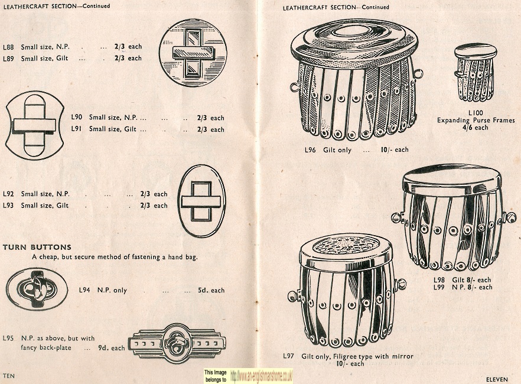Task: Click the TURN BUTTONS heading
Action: coord(37,247)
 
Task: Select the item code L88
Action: coord(8,47)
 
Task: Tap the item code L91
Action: coord(76,129)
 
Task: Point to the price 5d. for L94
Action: coord(203,290)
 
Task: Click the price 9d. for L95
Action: coord(103,348)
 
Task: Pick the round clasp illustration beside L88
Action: coord(193,53)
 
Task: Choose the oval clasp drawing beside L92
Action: coord(201,201)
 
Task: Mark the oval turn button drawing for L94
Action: coord(37,289)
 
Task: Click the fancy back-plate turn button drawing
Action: coord(177,343)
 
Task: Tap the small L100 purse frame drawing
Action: coord(475,73)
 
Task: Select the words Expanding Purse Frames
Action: coord(476,121)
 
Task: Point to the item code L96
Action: coord(310,150)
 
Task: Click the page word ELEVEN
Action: coord(497,379)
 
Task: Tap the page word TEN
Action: coord(9,376)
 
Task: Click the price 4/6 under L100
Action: coord(467,128)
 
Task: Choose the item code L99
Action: coord(439,287)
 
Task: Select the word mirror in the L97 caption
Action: coord(403,356)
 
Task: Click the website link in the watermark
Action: coord(261,376)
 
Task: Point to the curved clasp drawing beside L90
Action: coord(34,126)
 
